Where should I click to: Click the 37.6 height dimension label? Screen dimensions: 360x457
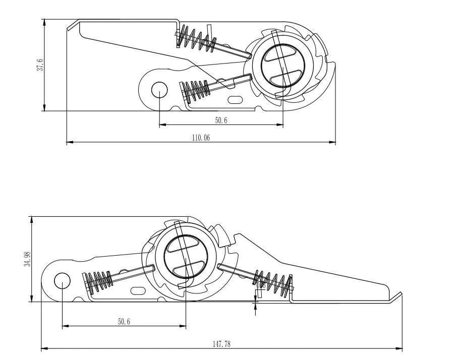tap(40, 65)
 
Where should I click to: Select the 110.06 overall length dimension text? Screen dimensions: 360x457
tap(200, 138)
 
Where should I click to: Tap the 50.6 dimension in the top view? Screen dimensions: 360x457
tap(221, 121)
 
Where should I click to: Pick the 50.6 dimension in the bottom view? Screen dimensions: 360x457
tap(124, 322)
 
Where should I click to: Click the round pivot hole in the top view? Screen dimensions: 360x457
tap(159, 90)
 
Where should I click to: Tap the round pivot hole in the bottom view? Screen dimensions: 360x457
tap(62, 280)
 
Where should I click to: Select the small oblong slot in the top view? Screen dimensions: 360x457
tap(235, 100)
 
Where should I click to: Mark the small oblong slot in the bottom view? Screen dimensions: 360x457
tap(138, 290)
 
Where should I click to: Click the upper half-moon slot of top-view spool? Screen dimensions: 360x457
tap(283, 54)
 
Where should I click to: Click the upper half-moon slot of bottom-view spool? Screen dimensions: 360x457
tap(183, 244)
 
